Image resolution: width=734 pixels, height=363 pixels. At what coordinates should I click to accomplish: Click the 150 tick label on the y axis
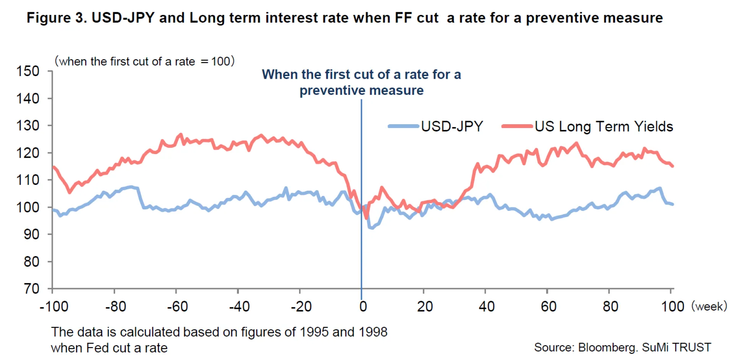[x=28, y=71]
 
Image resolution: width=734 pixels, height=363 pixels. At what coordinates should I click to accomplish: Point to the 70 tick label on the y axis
[x=31, y=288]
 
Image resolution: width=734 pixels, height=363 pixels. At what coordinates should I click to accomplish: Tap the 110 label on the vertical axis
[x=28, y=180]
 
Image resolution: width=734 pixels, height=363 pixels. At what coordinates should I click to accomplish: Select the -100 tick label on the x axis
[x=54, y=306]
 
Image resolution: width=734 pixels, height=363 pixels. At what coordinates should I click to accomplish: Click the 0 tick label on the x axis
[x=363, y=306]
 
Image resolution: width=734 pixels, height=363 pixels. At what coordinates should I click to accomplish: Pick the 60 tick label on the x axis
[x=548, y=306]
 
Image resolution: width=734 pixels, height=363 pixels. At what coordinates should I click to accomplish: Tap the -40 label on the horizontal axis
[x=239, y=306]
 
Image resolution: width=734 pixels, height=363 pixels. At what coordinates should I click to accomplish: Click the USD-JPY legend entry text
[x=452, y=126]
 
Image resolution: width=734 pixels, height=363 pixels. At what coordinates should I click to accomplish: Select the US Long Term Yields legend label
[x=604, y=126]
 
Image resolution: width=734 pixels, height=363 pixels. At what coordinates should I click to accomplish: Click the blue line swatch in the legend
[x=403, y=126]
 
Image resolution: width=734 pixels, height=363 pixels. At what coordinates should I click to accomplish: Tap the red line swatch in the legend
[x=517, y=126]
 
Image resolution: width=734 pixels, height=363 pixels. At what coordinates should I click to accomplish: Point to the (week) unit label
[x=709, y=306]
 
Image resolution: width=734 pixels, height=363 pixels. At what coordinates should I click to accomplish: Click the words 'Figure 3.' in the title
[x=57, y=18]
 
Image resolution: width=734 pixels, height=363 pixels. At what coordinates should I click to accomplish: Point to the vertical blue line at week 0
[x=361, y=248]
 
